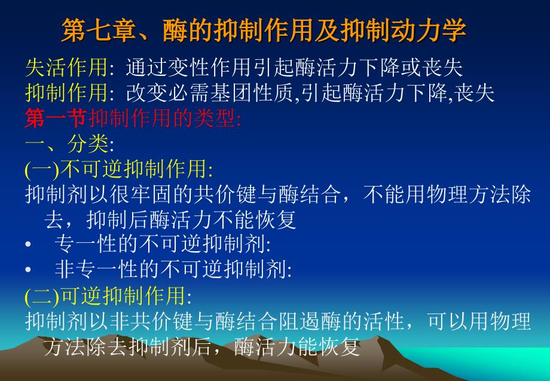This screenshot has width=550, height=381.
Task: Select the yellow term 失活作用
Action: (66, 68)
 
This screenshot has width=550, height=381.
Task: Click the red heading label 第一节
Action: (56, 118)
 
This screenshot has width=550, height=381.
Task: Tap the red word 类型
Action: (215, 118)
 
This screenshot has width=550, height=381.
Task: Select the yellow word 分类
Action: (88, 144)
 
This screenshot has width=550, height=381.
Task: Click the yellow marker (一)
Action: (42, 169)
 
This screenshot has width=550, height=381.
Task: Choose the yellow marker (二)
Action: (42, 296)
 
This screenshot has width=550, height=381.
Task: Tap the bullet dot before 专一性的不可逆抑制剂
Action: (29, 244)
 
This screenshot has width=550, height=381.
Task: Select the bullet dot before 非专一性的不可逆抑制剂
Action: (29, 270)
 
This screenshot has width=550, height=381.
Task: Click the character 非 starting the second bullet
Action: (65, 269)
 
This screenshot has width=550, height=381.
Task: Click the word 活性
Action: (384, 321)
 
